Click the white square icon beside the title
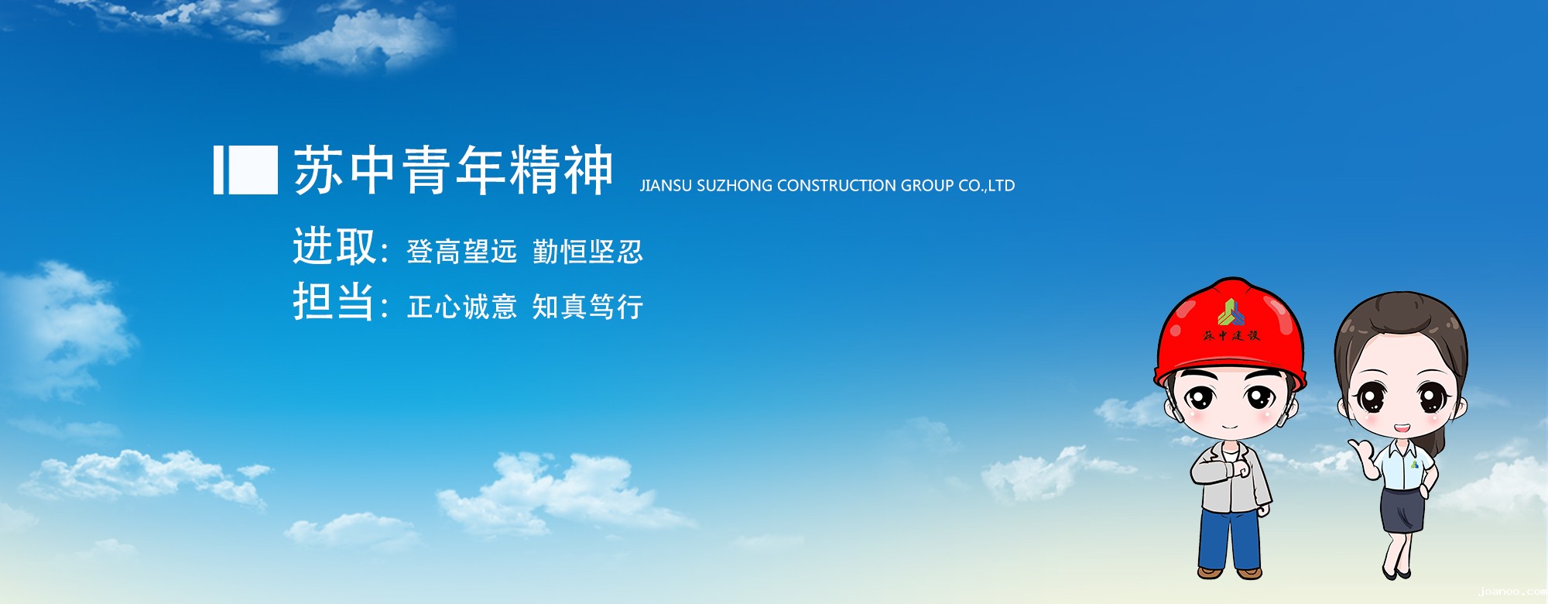(254, 170)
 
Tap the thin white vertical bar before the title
(218, 170)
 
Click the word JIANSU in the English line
(666, 186)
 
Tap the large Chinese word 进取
(334, 246)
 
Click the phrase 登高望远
(461, 252)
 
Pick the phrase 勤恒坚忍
(587, 252)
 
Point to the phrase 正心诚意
(461, 307)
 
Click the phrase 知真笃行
(587, 307)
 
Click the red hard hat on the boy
(1230, 332)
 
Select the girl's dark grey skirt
(1402, 510)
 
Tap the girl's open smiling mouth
(1402, 427)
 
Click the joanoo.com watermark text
(1512, 592)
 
